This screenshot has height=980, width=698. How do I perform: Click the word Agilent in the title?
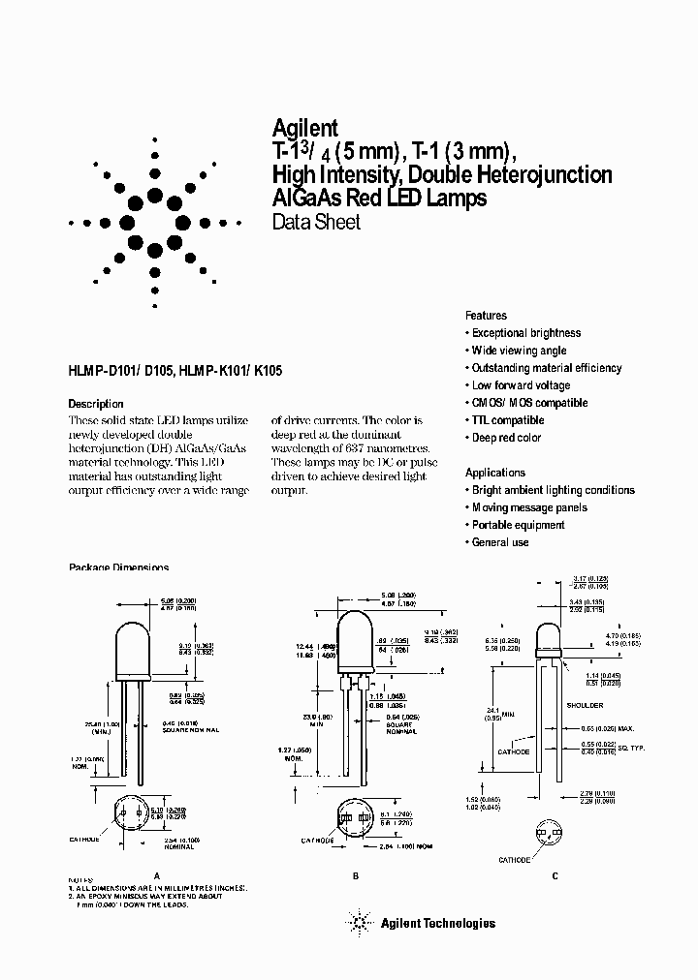pyautogui.click(x=304, y=127)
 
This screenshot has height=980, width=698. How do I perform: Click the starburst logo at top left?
pyautogui.click(x=154, y=222)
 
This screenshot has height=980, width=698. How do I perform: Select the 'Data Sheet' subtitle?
pyautogui.click(x=315, y=223)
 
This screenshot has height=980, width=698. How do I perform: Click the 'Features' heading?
pyautogui.click(x=486, y=316)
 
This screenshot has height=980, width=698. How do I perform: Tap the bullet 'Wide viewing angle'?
pyautogui.click(x=519, y=351)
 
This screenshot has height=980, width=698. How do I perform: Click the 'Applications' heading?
pyautogui.click(x=495, y=473)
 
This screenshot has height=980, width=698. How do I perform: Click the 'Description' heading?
pyautogui.click(x=96, y=403)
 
